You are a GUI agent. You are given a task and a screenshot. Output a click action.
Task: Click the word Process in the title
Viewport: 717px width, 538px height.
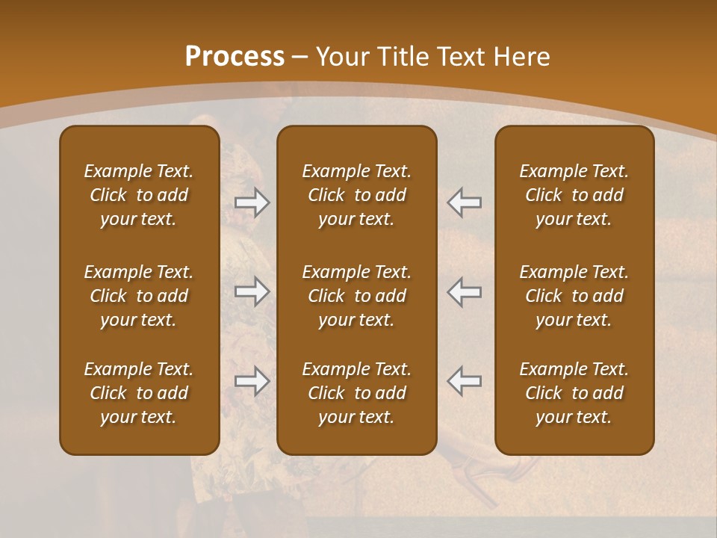click(235, 57)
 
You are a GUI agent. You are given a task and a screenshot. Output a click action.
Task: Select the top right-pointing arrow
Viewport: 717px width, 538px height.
click(252, 202)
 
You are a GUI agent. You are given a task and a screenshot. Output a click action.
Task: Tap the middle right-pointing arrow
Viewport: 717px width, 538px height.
click(252, 291)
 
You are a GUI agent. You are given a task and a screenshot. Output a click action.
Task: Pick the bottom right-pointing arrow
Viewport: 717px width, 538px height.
click(252, 381)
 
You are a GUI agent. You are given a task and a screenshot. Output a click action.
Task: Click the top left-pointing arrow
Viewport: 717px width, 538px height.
click(464, 202)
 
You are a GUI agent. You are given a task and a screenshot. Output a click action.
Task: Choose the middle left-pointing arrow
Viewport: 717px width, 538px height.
click(464, 291)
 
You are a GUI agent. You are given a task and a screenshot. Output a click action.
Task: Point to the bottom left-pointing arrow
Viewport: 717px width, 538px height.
click(464, 381)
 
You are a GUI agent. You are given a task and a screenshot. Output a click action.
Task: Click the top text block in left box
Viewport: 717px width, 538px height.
click(139, 195)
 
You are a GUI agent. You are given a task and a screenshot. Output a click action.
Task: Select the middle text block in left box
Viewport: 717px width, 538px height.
click(139, 296)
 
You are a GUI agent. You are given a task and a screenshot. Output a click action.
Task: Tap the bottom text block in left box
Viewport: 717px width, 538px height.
click(139, 393)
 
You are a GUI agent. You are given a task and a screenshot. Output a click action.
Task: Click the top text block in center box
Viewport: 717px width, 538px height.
click(356, 195)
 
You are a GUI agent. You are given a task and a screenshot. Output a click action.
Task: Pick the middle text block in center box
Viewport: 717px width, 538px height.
click(356, 296)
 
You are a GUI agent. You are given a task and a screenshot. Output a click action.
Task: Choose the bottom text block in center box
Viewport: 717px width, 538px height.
click(356, 393)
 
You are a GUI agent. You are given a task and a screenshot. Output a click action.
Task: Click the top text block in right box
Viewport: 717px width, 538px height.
click(574, 195)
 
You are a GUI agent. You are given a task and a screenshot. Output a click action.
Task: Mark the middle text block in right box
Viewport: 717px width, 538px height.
click(574, 296)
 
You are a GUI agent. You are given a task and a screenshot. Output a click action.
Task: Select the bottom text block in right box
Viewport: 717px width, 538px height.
click(574, 393)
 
